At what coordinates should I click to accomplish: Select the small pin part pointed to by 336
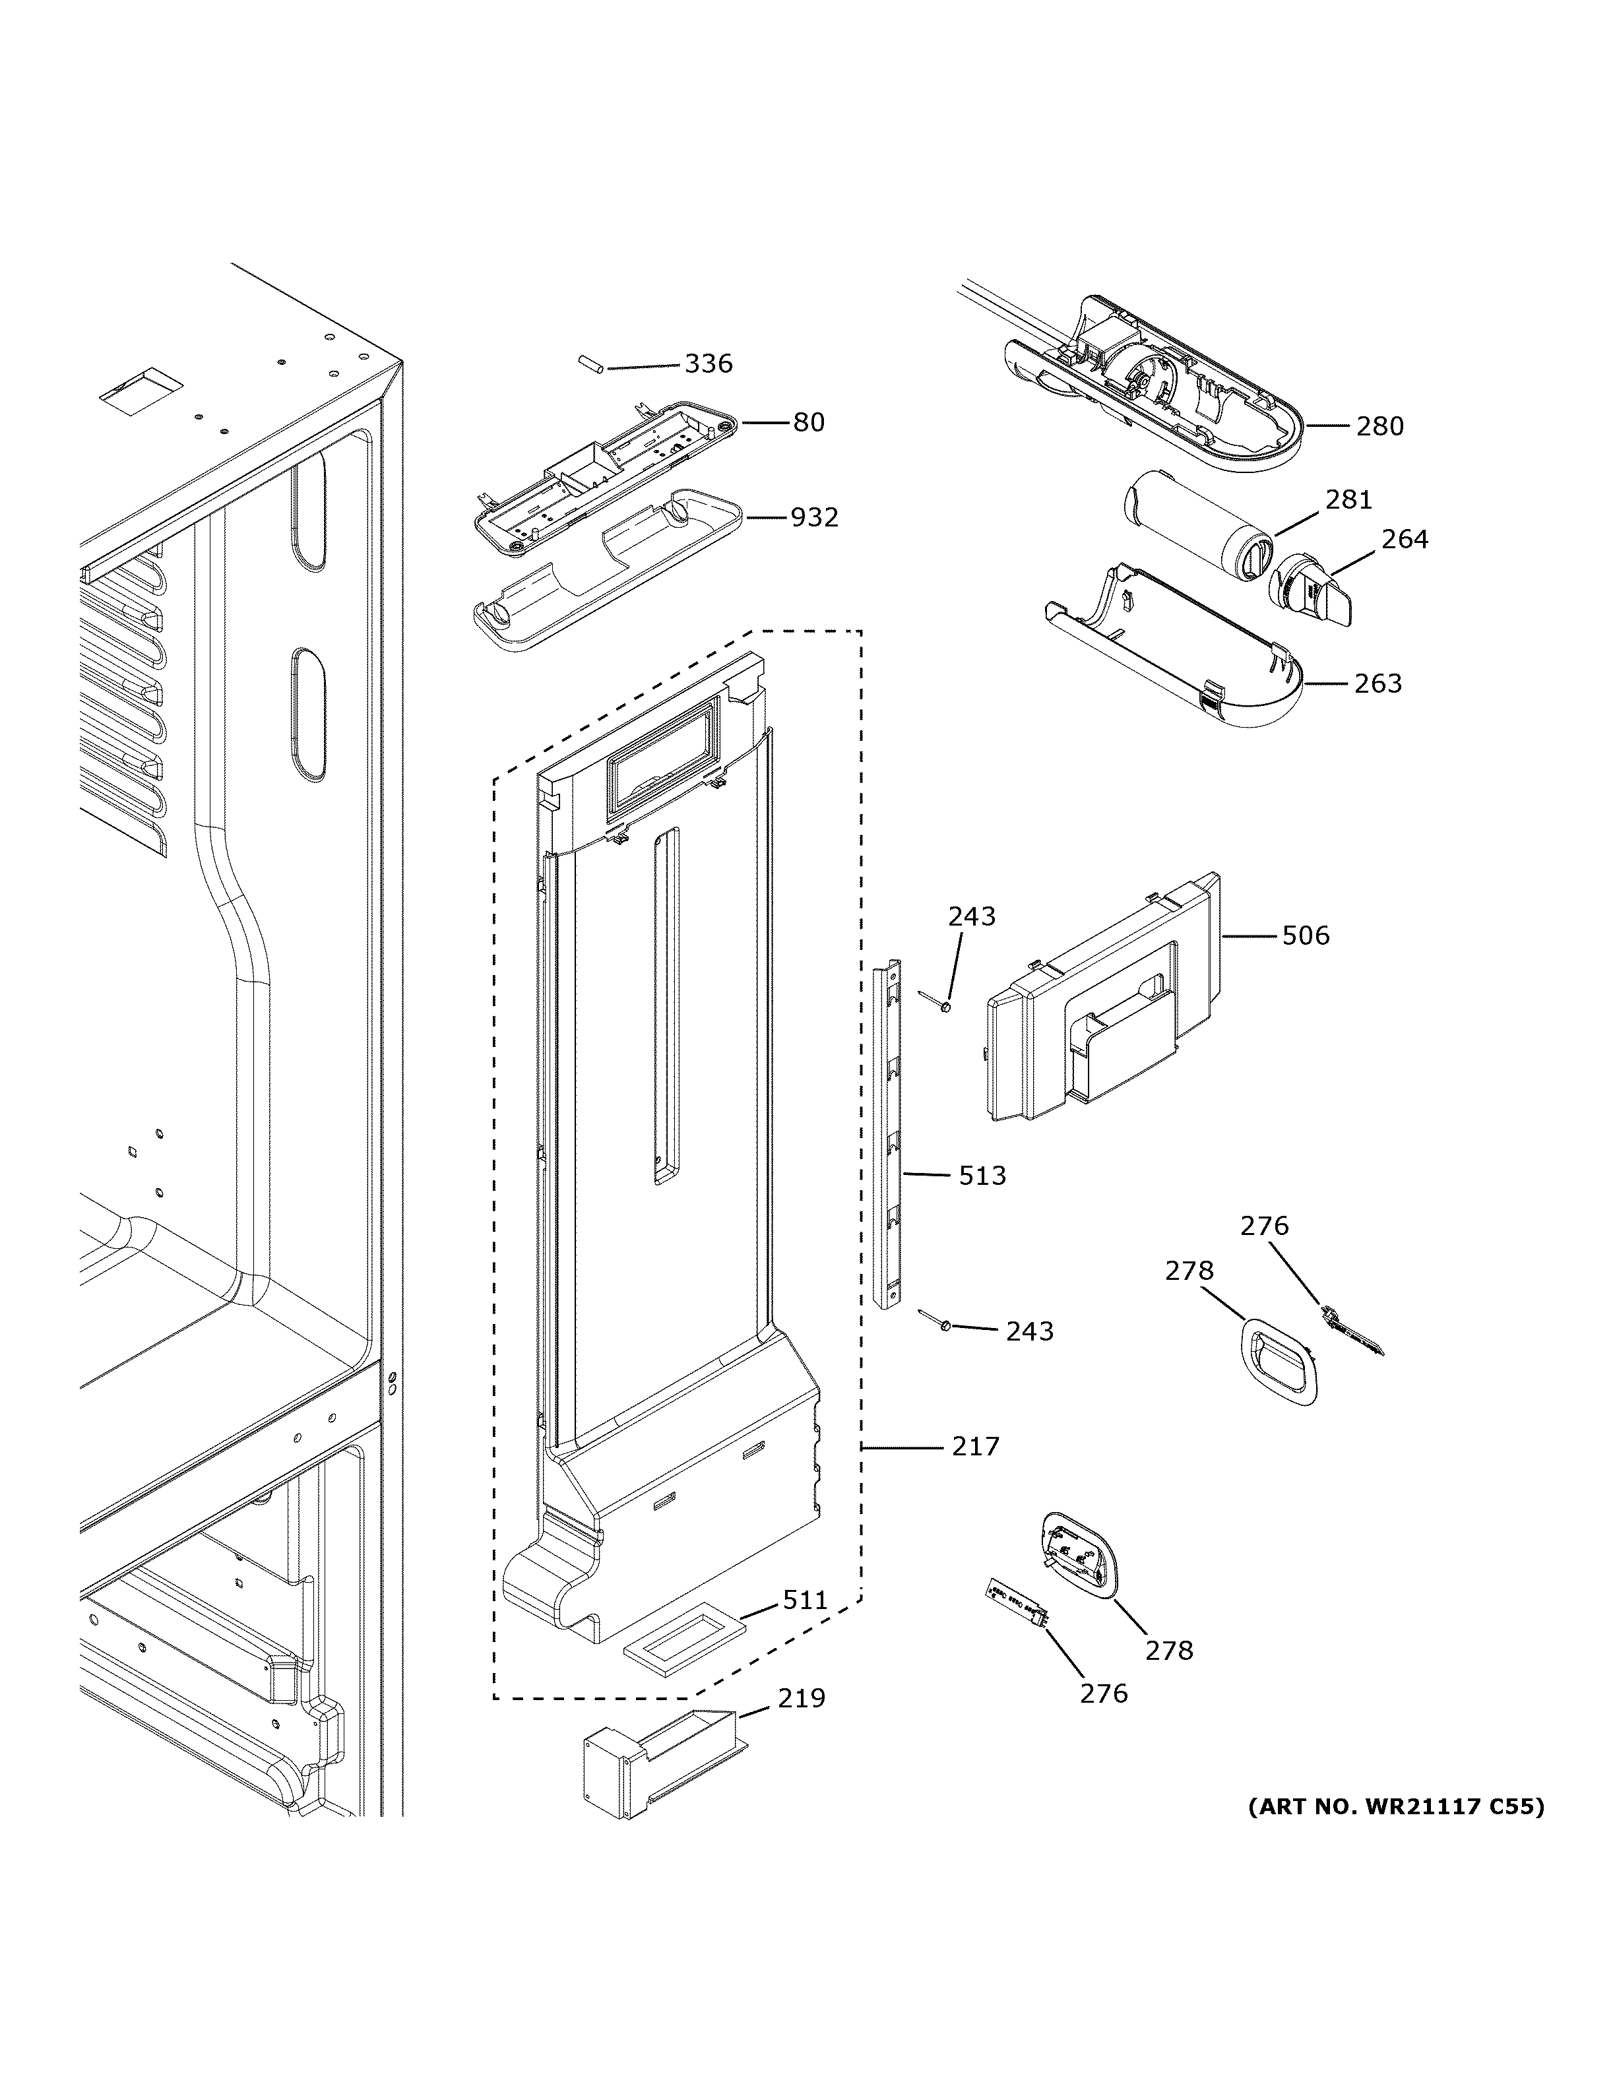588,365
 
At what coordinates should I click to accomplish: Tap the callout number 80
808,422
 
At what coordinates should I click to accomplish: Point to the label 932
813,518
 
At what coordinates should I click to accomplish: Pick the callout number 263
1377,683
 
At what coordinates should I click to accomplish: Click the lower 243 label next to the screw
1029,1331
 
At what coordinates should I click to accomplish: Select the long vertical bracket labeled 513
888,1134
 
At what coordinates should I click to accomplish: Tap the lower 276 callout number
1104,1694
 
